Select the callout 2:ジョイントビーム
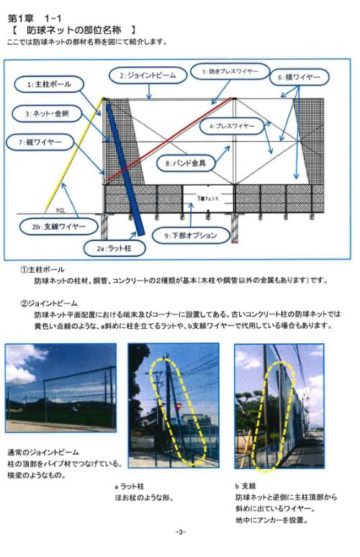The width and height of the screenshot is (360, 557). (147, 75)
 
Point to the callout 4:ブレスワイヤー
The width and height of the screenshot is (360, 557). (232, 126)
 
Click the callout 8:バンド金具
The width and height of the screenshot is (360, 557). (186, 163)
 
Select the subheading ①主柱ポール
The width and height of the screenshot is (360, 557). (47, 270)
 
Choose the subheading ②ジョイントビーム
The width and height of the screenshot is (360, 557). (53, 304)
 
